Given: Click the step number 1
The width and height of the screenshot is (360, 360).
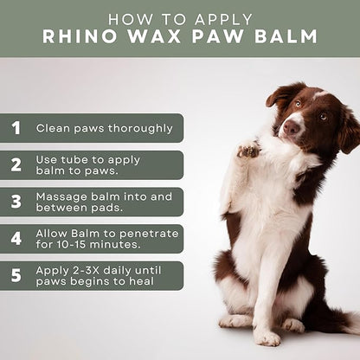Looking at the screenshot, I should (16, 128).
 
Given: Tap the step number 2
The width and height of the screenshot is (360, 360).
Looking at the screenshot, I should (16, 164).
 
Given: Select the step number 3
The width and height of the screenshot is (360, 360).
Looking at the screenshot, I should (16, 202).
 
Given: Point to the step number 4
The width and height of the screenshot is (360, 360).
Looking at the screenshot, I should (16, 238).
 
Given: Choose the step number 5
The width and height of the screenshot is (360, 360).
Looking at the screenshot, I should (16, 275).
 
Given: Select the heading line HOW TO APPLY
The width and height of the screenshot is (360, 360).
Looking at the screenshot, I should (180, 17).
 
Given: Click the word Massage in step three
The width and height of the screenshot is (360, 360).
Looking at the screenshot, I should (60, 196).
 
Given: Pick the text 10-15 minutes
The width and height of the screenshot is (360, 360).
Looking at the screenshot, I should (96, 245).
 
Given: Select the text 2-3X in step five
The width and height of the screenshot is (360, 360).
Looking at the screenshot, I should (86, 269).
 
